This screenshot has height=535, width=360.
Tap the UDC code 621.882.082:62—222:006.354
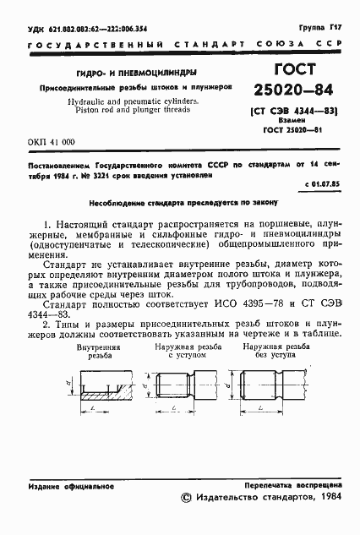point(87,28)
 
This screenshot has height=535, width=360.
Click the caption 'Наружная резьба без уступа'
point(271,352)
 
